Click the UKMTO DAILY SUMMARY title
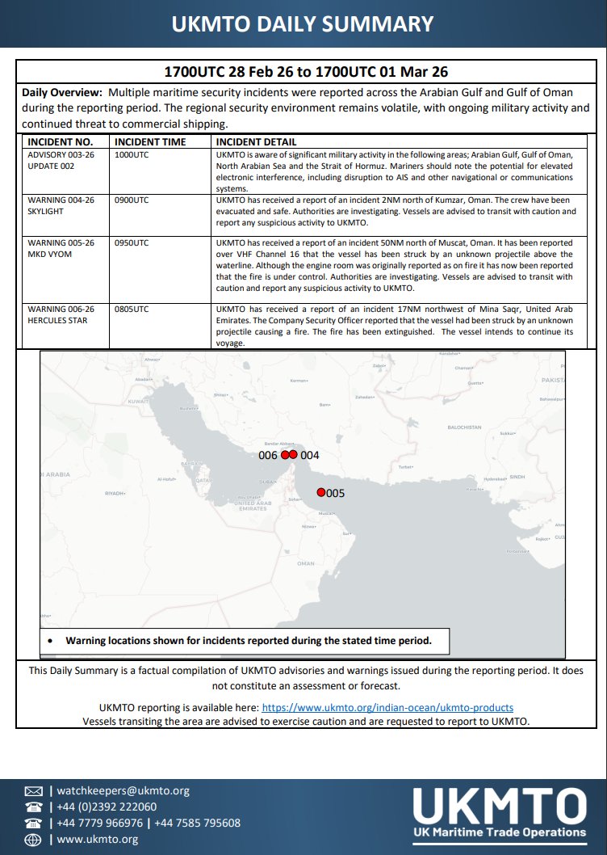[x=303, y=24]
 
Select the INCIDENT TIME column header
[x=150, y=142]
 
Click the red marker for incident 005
[x=320, y=492]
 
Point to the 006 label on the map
[x=268, y=456]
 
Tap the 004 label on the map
[x=310, y=456]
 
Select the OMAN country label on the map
[x=306, y=563]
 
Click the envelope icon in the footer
[x=34, y=791]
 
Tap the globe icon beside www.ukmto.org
[x=34, y=840]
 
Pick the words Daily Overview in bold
[x=62, y=94]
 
